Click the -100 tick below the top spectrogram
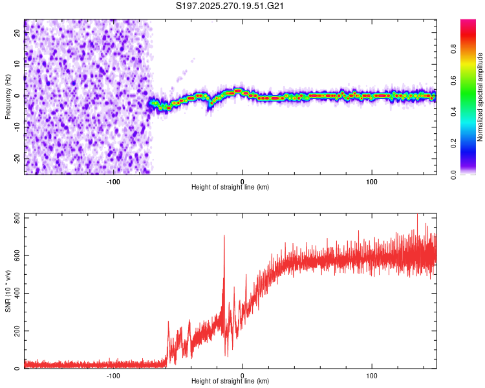(x=113, y=181)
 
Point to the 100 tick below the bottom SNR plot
(x=371, y=375)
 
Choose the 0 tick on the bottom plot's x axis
(x=242, y=375)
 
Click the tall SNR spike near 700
(x=224, y=237)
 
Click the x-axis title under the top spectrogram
(x=230, y=188)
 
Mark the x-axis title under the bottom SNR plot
(x=230, y=382)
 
